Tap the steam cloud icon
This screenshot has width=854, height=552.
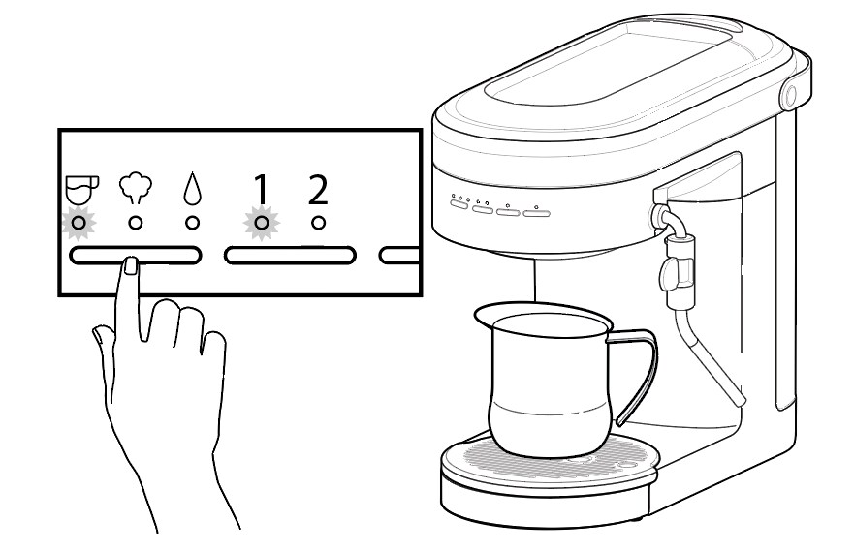(134, 188)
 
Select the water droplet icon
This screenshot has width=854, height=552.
(192, 188)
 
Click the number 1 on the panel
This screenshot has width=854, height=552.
(259, 188)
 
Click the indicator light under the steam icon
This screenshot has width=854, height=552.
(136, 223)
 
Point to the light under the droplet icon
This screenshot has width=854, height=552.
(192, 223)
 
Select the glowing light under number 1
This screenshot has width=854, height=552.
(260, 223)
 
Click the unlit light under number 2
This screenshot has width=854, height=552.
(317, 223)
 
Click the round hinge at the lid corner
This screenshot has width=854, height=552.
(788, 94)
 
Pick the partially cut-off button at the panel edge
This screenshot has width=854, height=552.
(398, 256)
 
